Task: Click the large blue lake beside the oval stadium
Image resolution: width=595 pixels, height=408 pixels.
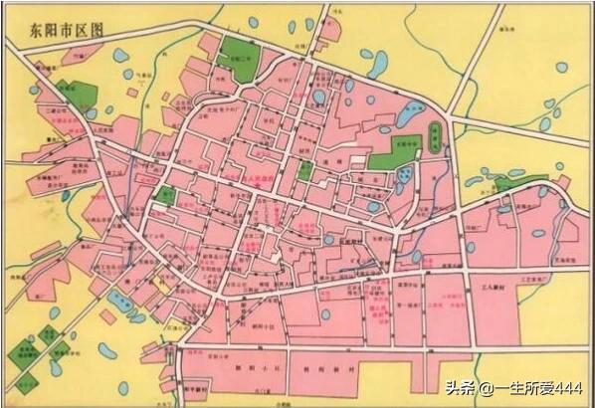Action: point(409,115)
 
